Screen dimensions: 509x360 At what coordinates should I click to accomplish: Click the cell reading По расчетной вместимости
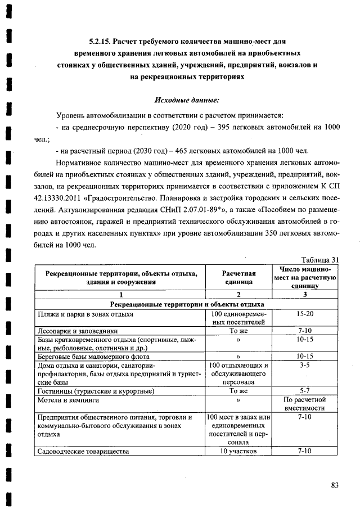pyautogui.click(x=305, y=404)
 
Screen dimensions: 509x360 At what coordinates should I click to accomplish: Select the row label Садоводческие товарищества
pyautogui.click(x=83, y=451)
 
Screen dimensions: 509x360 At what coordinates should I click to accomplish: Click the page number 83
pyautogui.click(x=335, y=485)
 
